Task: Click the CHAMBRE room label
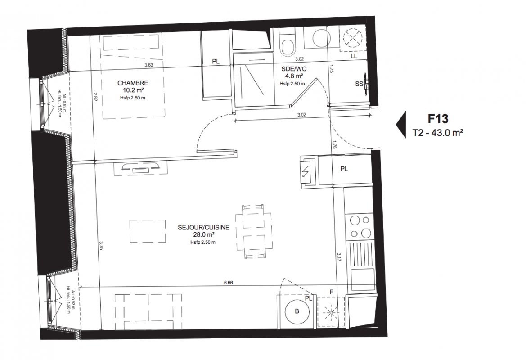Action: coord(132,83)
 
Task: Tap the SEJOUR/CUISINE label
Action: coord(204,227)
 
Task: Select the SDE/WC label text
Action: coord(294,69)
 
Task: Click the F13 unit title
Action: coord(438,119)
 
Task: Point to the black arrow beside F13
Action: coord(401,125)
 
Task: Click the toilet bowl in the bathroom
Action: coord(287,47)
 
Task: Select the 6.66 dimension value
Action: coord(228,283)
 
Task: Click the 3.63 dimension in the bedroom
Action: coord(148,65)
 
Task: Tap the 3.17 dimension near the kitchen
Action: coord(339,256)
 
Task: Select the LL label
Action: coord(354,56)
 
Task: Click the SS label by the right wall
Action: coord(359,84)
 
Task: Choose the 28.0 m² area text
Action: coord(204,235)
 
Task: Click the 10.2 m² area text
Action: coord(133,90)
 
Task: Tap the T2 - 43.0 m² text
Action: coord(438,133)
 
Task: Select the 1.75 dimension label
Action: coord(331,68)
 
